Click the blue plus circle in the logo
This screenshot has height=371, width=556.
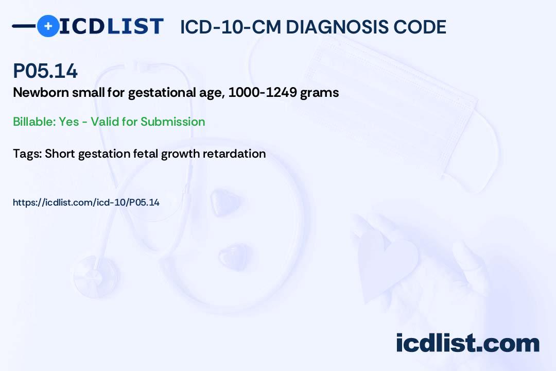coord(48,26)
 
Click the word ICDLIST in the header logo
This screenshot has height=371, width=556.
coord(111,26)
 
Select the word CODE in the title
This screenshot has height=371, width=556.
coord(415,27)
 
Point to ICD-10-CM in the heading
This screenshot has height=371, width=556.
coord(231,27)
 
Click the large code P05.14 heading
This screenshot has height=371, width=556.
coord(45,71)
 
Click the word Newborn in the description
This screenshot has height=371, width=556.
coord(41,93)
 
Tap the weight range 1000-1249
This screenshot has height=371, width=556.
coord(263,93)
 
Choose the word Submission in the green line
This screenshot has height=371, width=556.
coord(172,122)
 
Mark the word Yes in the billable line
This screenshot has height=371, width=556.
coord(69,122)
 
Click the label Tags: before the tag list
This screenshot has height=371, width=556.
coord(28,154)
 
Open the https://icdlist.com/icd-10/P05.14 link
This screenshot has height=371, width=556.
coord(86,203)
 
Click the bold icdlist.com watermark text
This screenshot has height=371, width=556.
coord(467,343)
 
